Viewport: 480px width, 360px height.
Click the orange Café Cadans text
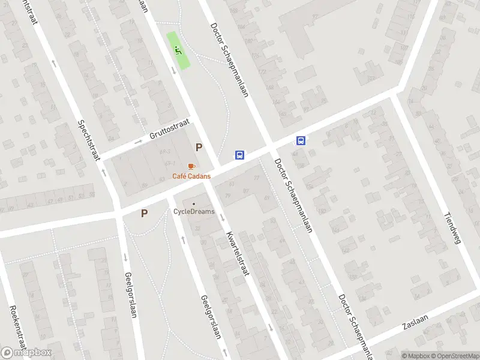tap(191, 176)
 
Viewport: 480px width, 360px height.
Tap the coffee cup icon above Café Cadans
tap(191, 166)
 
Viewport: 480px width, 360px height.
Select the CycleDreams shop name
tap(194, 211)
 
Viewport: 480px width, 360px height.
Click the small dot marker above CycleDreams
tap(193, 203)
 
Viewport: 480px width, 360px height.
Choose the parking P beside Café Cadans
tap(199, 147)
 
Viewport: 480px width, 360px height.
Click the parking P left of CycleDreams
tap(144, 213)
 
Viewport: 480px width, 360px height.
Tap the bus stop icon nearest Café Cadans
tap(239, 154)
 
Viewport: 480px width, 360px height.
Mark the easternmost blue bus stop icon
tap(301, 141)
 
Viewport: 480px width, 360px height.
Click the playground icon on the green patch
tap(177, 49)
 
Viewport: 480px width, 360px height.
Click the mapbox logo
tap(26, 353)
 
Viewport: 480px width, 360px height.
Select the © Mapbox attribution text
tap(415, 356)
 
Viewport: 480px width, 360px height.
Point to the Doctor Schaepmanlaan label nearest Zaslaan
tap(355, 324)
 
